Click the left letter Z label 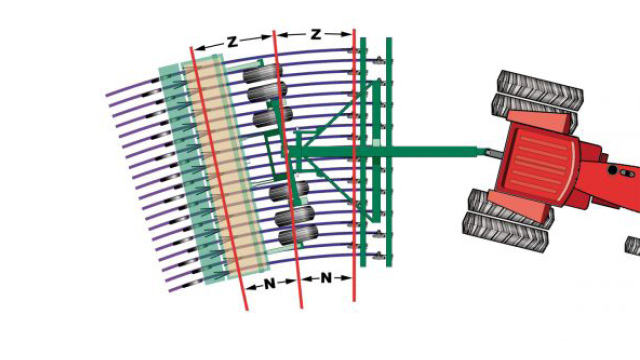click(x=232, y=41)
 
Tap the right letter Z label click(x=315, y=35)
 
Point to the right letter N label click(x=326, y=277)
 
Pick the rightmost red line click(x=354, y=170)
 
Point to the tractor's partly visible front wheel click(x=632, y=245)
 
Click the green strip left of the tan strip click(x=184, y=170)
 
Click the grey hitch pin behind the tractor click(x=490, y=154)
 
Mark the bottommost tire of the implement click(x=297, y=236)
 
